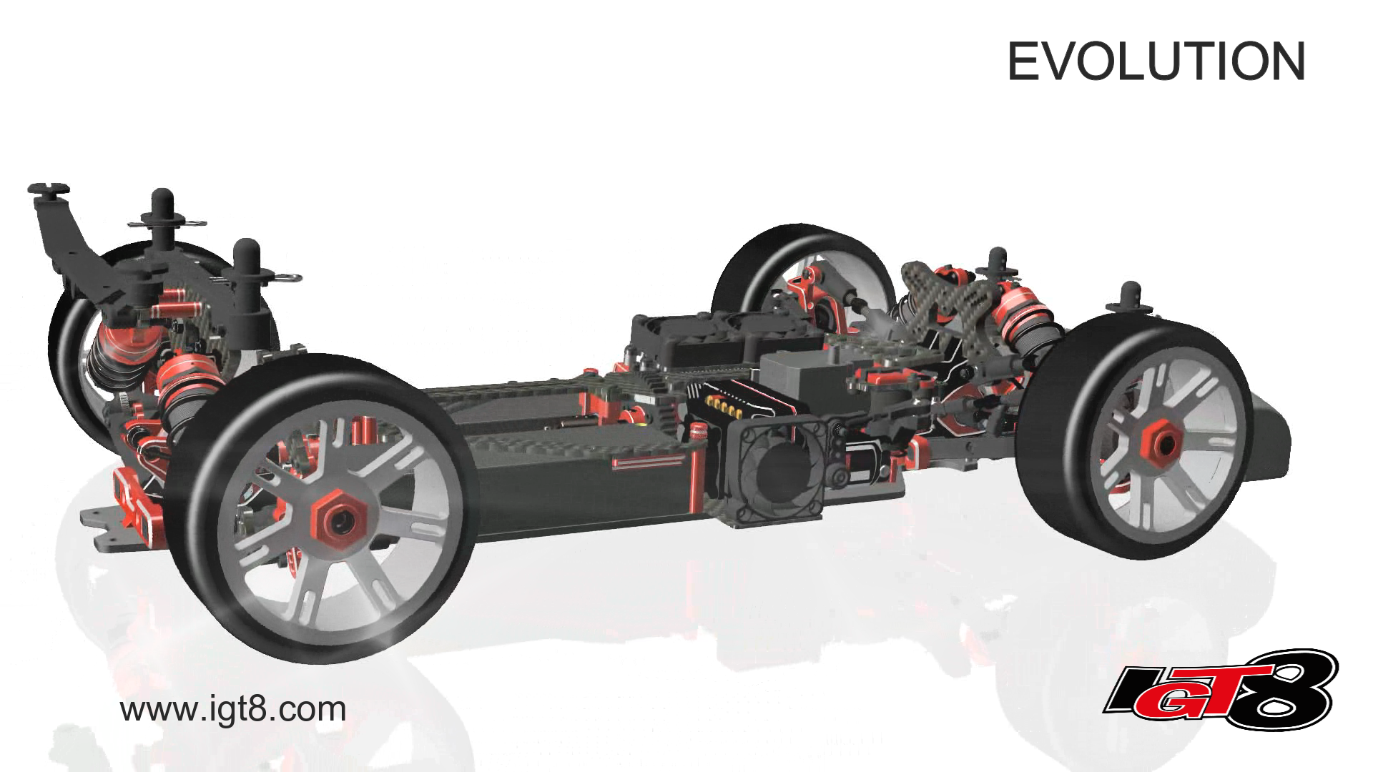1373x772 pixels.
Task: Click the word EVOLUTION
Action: [x=1156, y=61]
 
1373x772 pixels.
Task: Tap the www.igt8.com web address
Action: [x=233, y=710]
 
